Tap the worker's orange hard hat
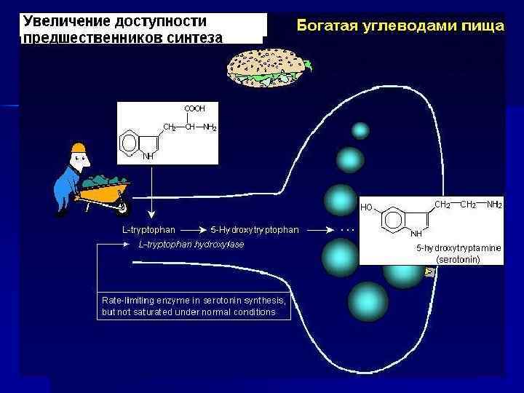pyautogui.click(x=78, y=149)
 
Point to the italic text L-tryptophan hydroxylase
pyautogui.click(x=191, y=245)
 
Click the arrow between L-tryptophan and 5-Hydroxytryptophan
pyautogui.click(x=191, y=230)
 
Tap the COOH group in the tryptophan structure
pyautogui.click(x=194, y=108)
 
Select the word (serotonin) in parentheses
pyautogui.click(x=458, y=258)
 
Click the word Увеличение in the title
pyautogui.click(x=64, y=21)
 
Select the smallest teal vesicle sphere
pyautogui.click(x=360, y=131)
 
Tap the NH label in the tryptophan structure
pyautogui.click(x=148, y=155)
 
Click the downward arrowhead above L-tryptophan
pyautogui.click(x=151, y=215)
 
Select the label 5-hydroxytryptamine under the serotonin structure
pyautogui.click(x=458, y=248)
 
